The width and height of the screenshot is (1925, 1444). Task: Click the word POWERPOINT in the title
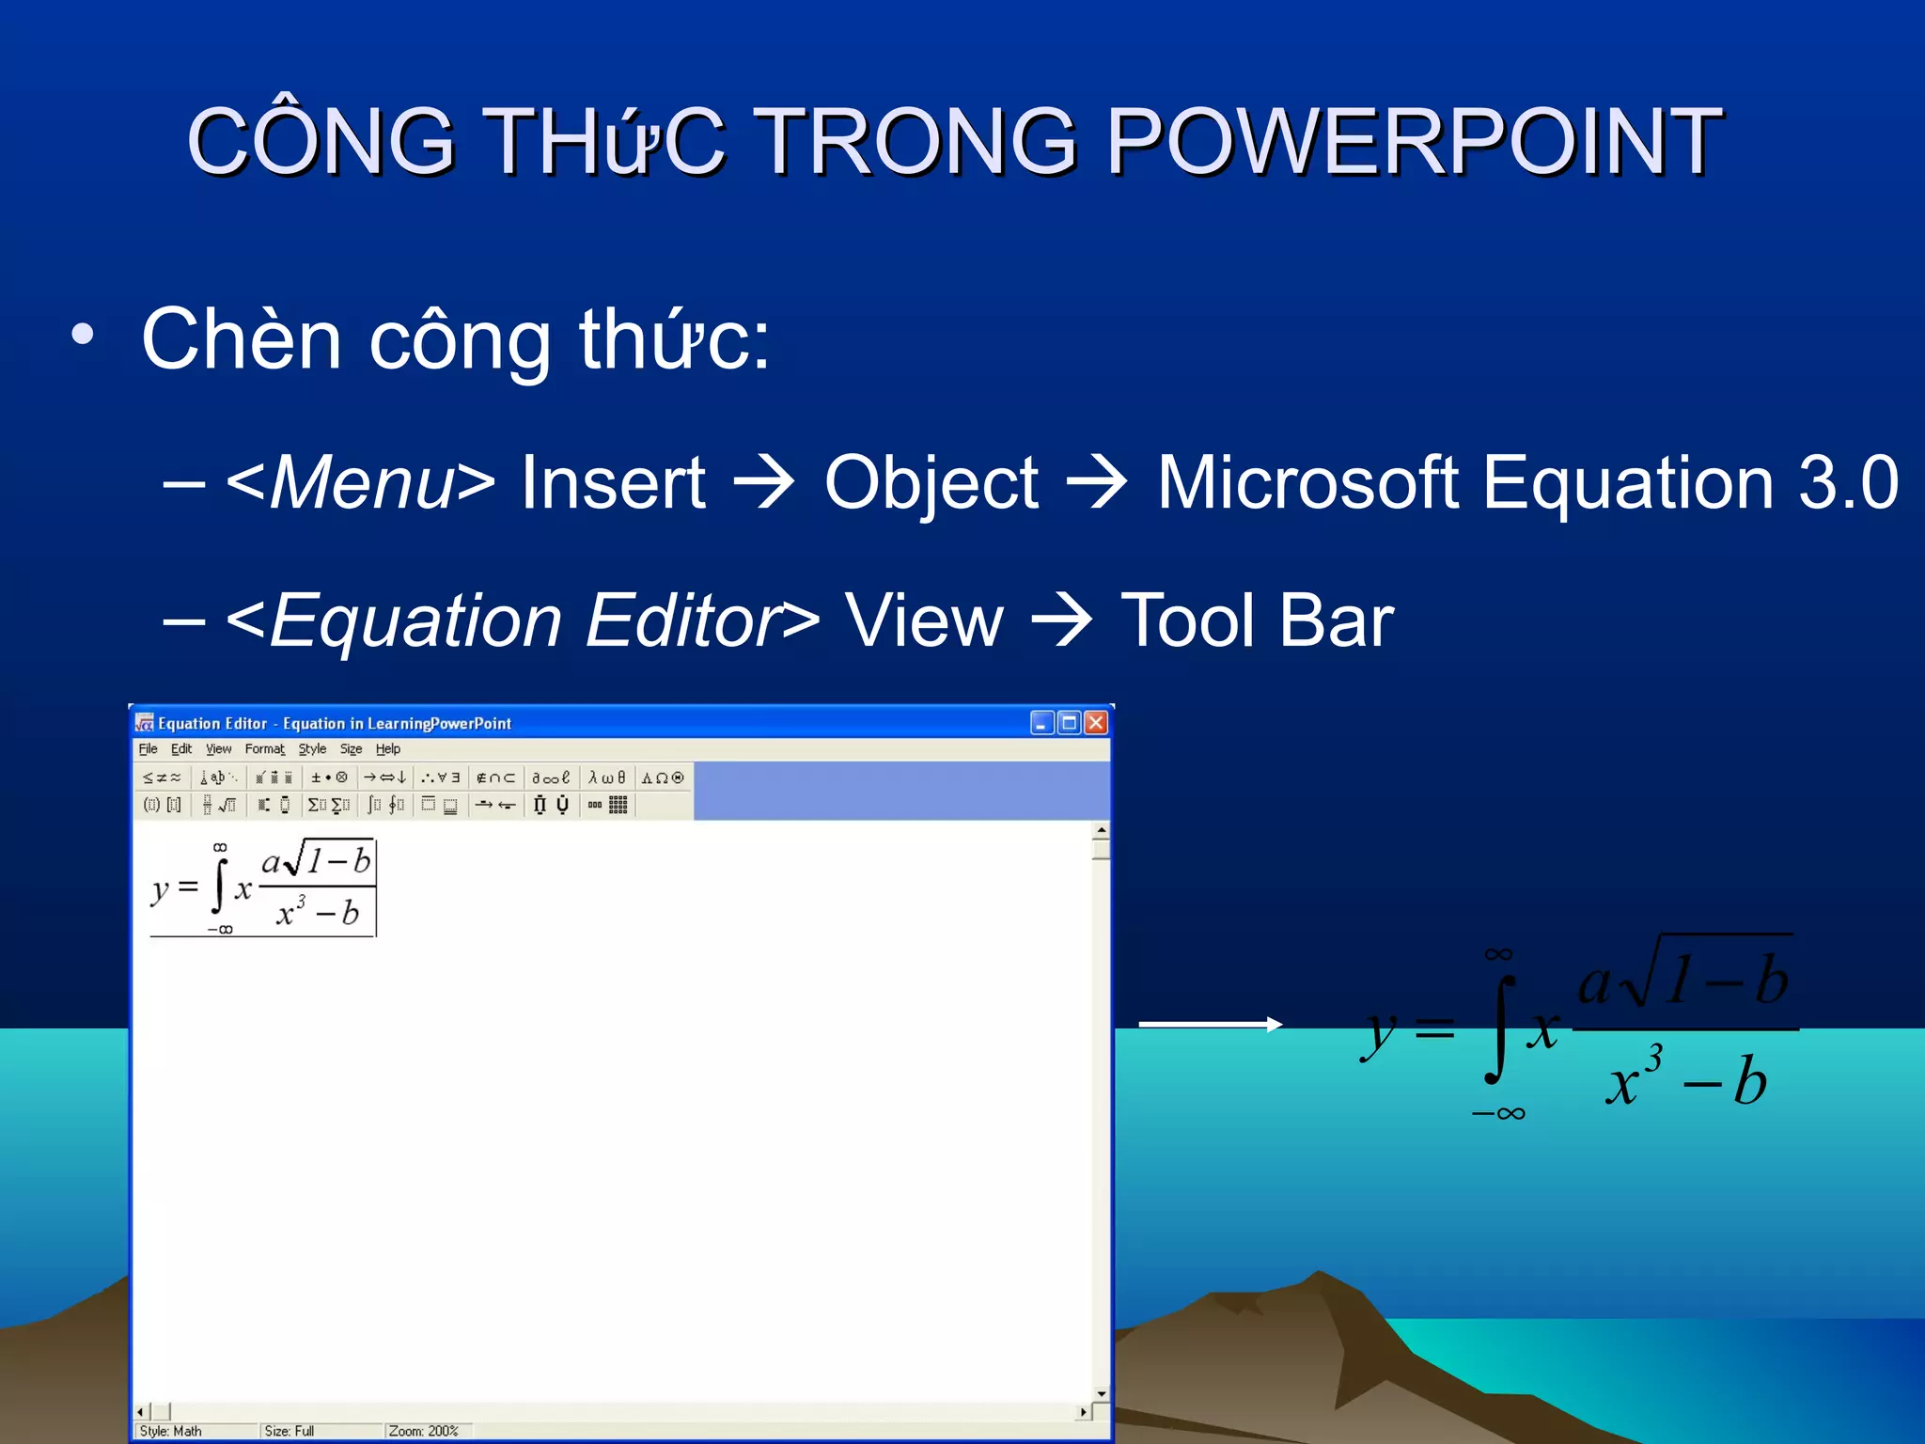(1415, 141)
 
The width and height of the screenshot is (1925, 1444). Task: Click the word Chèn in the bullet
(241, 339)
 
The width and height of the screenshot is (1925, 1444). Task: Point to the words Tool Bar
(1257, 621)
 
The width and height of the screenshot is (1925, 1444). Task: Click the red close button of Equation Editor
(1096, 722)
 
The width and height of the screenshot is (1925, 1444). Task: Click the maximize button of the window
(1069, 722)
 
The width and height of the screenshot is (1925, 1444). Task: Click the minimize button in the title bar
(1041, 722)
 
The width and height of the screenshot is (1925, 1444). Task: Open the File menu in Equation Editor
(148, 749)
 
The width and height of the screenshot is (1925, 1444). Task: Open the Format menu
(264, 749)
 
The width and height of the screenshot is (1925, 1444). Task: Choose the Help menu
(387, 749)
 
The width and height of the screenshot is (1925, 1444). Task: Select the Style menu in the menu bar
(312, 749)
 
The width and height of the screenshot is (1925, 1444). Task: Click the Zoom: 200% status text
(423, 1431)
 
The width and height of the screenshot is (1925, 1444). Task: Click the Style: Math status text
(171, 1431)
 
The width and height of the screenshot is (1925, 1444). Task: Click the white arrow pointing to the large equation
(1211, 1025)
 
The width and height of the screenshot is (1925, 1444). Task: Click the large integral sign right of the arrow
(1501, 1030)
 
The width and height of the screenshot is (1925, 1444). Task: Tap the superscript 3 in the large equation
(1653, 1059)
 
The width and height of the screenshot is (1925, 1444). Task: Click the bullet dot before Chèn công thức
(83, 335)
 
